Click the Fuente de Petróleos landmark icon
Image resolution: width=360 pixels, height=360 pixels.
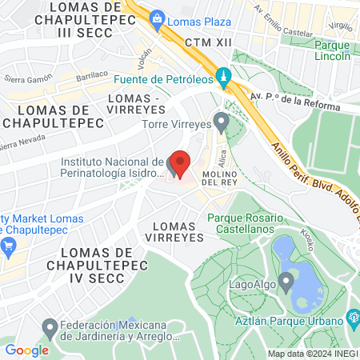point(225,78)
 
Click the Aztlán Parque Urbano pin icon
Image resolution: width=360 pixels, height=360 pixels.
point(353,320)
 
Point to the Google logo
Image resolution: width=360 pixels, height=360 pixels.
point(26,350)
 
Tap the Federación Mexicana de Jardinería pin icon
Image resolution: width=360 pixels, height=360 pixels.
point(49,326)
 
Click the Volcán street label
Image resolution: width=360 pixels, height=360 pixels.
point(143,58)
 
